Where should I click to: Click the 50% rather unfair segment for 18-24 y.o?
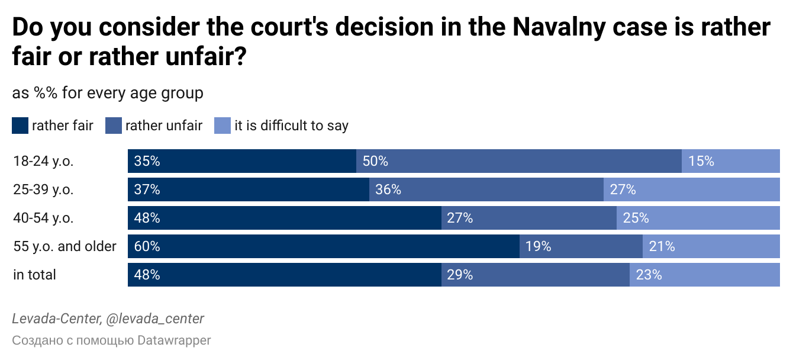pyautogui.click(x=518, y=161)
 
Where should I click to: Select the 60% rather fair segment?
pyautogui.click(x=324, y=246)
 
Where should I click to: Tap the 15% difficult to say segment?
pyautogui.click(x=730, y=161)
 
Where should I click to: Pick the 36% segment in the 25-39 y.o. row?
pyautogui.click(x=486, y=189)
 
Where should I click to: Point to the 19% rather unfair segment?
pyautogui.click(x=581, y=246)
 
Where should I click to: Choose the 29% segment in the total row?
pyautogui.click(x=535, y=275)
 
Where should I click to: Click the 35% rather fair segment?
pyautogui.click(x=241, y=161)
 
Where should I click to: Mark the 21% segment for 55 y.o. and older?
pyautogui.click(x=711, y=246)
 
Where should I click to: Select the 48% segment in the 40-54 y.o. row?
pyautogui.click(x=284, y=218)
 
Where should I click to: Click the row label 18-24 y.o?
pyautogui.click(x=43, y=161)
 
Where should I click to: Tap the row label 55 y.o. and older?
pyautogui.click(x=65, y=246)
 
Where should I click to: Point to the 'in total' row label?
pyautogui.click(x=34, y=275)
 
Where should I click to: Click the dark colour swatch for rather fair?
pyautogui.click(x=20, y=126)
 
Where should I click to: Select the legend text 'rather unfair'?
pyautogui.click(x=164, y=126)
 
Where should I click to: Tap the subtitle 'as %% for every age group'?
pyautogui.click(x=108, y=93)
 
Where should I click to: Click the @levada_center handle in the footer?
pyautogui.click(x=154, y=319)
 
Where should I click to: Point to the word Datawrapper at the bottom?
pyautogui.click(x=174, y=340)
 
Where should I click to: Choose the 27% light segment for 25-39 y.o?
pyautogui.click(x=691, y=189)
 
